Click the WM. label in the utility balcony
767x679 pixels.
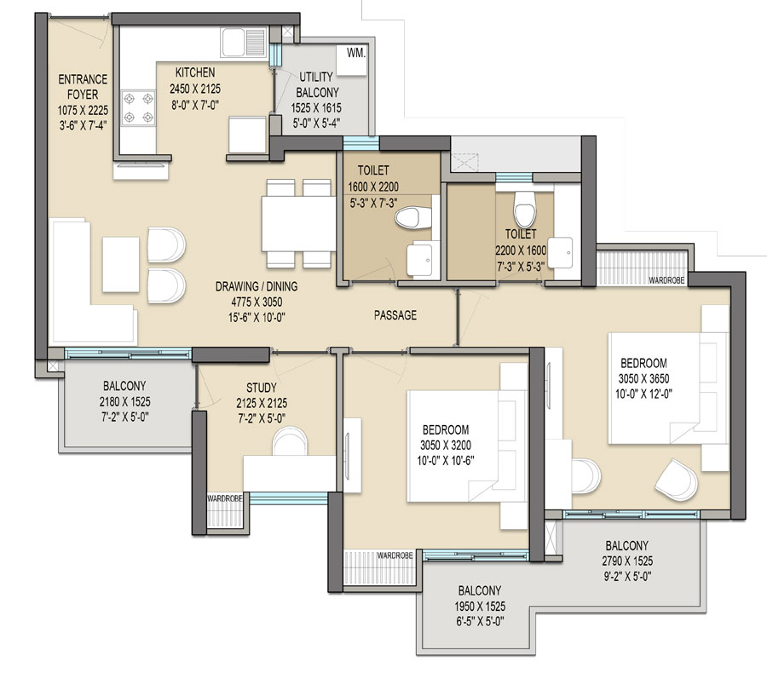point(356,54)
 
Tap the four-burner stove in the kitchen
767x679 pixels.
point(139,108)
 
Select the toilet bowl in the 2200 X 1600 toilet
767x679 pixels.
point(523,204)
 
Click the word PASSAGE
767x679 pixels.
point(395,315)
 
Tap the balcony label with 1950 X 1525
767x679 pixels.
point(478,590)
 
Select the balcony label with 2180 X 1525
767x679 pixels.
point(125,385)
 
